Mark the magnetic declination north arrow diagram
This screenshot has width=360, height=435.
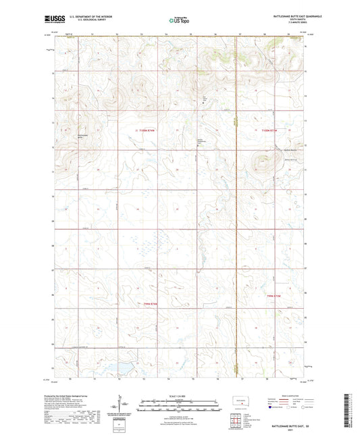pyautogui.click(x=122, y=403)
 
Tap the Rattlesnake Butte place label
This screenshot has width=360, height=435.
pyautogui.click(x=82, y=133)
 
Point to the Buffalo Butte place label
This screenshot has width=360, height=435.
pyautogui.click(x=271, y=149)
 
